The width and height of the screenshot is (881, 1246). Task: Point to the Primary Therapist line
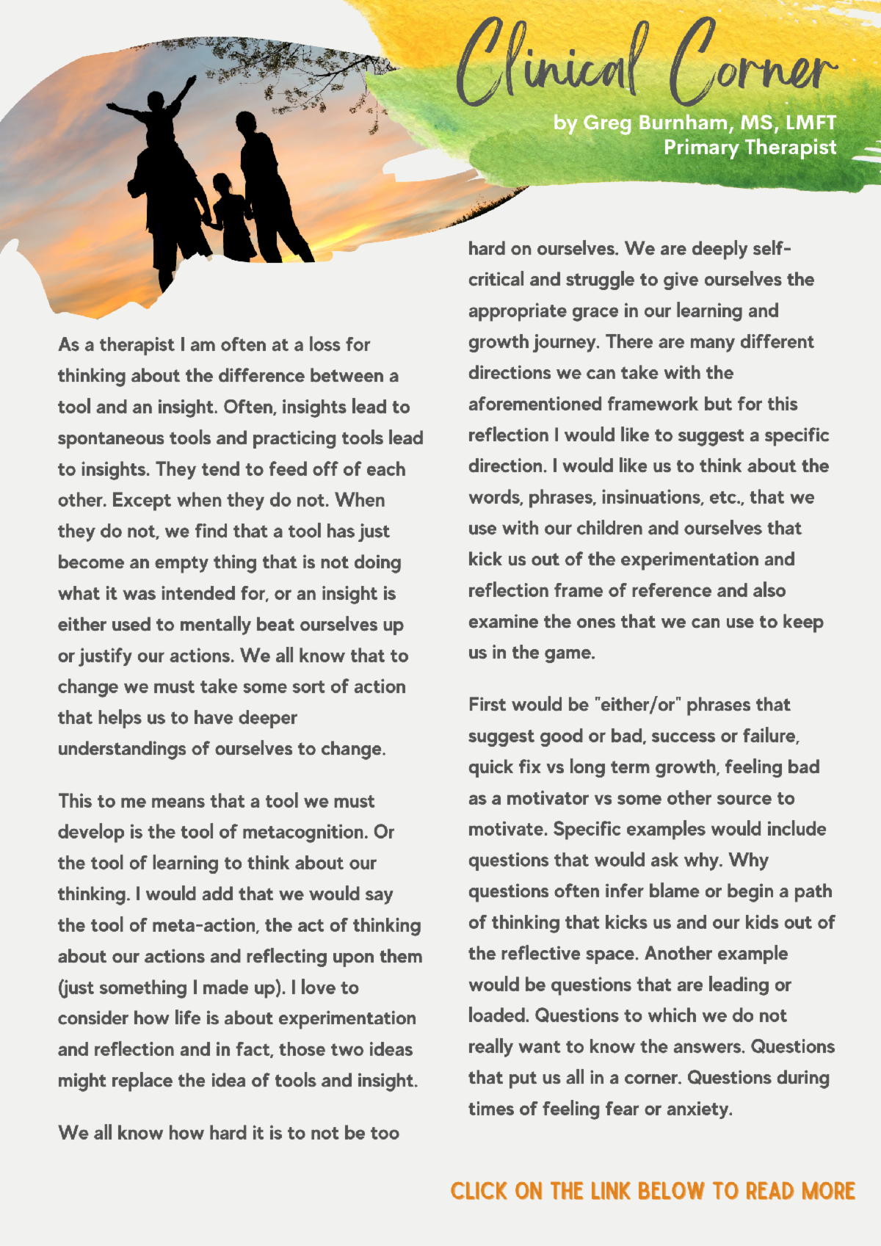click(750, 148)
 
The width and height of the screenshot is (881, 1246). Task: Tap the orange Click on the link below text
click(653, 1190)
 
